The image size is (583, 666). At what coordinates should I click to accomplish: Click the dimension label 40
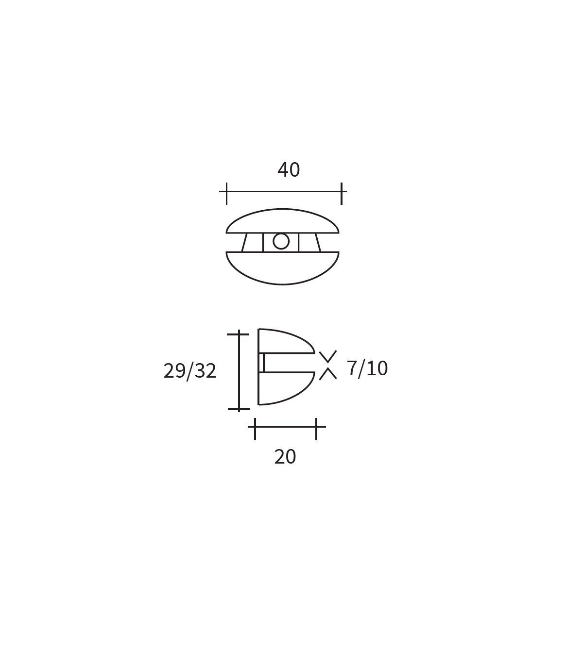(289, 170)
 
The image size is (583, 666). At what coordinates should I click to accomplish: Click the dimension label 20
(285, 457)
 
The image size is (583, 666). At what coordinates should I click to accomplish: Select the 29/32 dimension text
(189, 371)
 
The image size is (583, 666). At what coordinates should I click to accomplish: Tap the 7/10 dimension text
(367, 369)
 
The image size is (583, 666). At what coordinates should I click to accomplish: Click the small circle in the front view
(281, 241)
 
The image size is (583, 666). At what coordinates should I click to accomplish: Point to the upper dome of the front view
(282, 221)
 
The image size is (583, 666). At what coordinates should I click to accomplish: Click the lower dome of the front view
(282, 268)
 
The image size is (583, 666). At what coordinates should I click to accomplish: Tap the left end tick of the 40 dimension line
(226, 194)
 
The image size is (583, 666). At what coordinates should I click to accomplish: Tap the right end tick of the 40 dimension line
(342, 194)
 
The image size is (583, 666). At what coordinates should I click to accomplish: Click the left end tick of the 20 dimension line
(255, 429)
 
